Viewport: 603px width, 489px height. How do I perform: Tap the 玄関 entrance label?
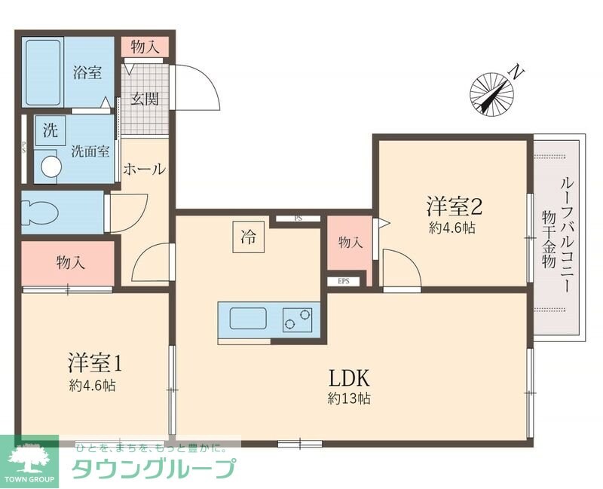point(145,99)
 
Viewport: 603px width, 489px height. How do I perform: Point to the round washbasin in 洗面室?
point(51,167)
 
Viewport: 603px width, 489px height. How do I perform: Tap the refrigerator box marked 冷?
point(247,239)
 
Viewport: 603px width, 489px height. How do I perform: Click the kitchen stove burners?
point(298,320)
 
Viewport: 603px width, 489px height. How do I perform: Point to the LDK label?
point(347,377)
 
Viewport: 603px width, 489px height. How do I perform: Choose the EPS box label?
point(344,282)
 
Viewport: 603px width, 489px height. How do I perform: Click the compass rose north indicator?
point(493,93)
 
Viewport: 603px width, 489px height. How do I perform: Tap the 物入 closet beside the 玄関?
point(145,47)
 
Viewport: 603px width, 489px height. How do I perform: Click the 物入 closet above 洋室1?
point(70,263)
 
